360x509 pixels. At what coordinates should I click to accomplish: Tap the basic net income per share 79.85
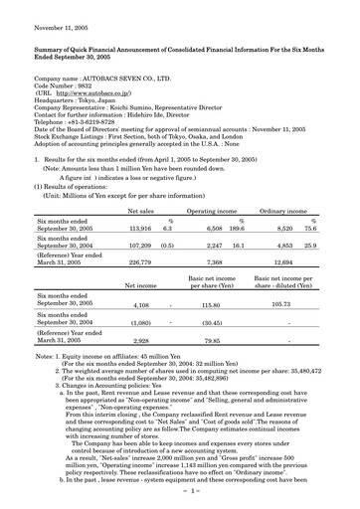tap(209, 339)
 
